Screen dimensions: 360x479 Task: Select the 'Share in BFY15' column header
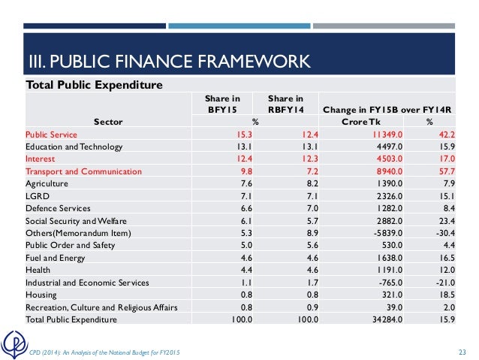(x=223, y=104)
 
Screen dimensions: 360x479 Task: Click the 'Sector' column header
(x=108, y=122)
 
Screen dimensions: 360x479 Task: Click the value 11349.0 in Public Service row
(x=378, y=135)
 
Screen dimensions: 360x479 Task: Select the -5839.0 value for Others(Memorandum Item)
(x=378, y=233)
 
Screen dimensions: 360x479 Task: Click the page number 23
(x=462, y=353)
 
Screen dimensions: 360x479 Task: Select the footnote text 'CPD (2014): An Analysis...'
(x=104, y=353)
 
